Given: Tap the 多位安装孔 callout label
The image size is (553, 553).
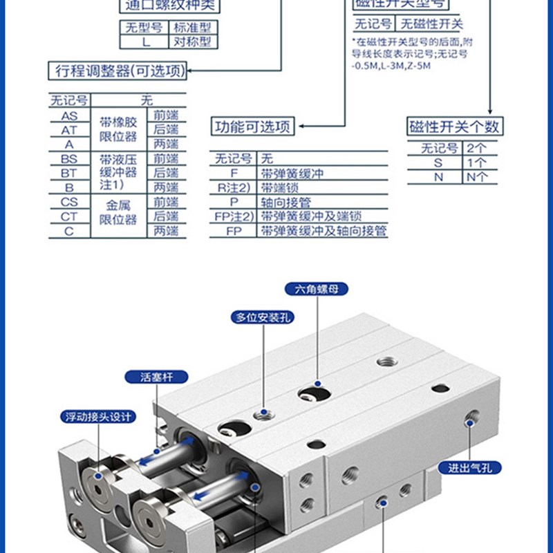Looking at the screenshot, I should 262,317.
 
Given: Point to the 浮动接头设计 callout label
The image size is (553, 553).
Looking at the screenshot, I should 98,417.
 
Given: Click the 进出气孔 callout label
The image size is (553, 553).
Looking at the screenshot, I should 468,468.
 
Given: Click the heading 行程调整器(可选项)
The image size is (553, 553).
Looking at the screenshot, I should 118,71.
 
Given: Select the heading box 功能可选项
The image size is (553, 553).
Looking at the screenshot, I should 252,127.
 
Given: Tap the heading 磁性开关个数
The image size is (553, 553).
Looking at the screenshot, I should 454,126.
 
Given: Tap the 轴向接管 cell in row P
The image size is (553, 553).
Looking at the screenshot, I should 283,202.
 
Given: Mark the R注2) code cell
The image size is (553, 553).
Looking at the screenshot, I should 233,187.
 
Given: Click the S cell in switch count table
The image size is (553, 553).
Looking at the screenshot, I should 437,162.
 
